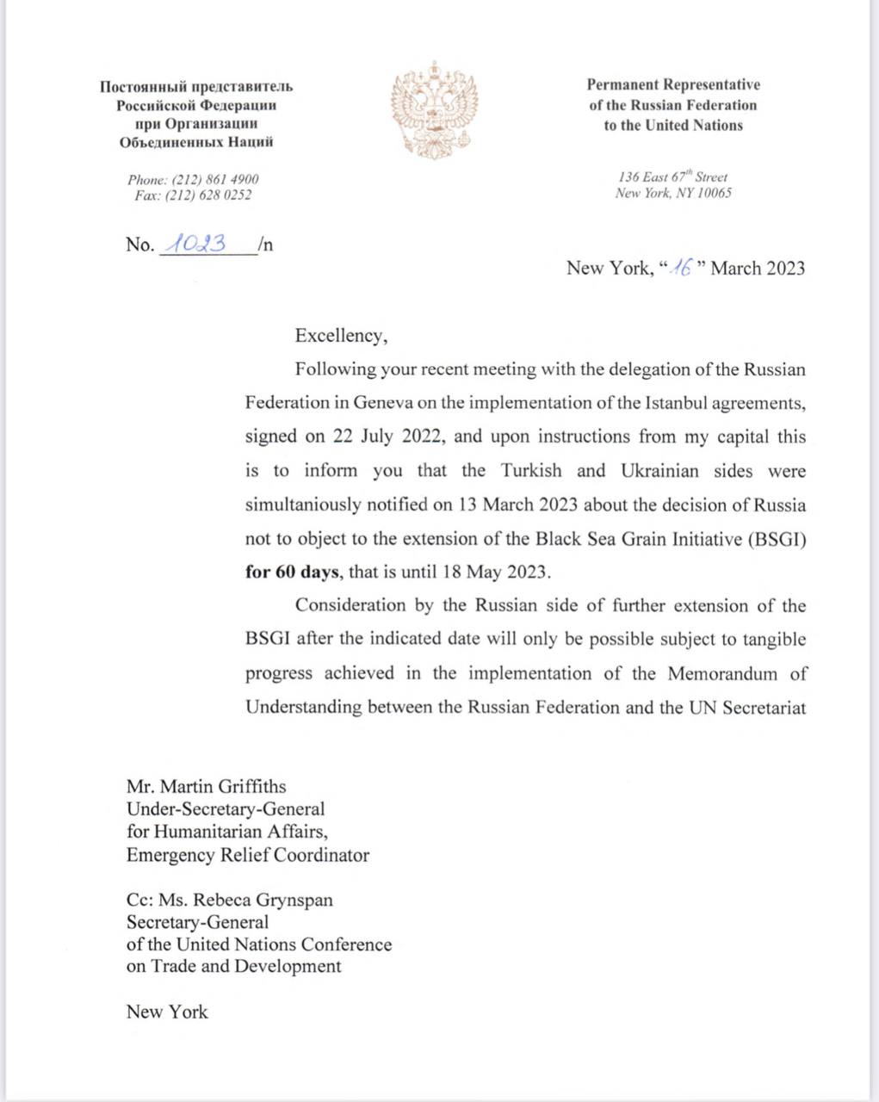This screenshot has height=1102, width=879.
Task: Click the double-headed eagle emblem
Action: [435, 108]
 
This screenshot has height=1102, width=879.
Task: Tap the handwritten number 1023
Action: [198, 244]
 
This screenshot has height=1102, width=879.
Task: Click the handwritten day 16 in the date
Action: [682, 268]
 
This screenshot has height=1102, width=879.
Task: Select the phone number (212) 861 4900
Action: [215, 179]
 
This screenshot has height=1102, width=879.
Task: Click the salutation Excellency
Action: [341, 336]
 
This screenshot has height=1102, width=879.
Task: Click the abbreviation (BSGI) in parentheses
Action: [776, 539]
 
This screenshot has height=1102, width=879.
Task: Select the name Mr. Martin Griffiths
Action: [206, 786]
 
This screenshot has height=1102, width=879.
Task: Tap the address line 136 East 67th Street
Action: [672, 176]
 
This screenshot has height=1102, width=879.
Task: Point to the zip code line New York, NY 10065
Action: [673, 194]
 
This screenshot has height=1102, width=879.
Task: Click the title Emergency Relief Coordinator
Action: [248, 855]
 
